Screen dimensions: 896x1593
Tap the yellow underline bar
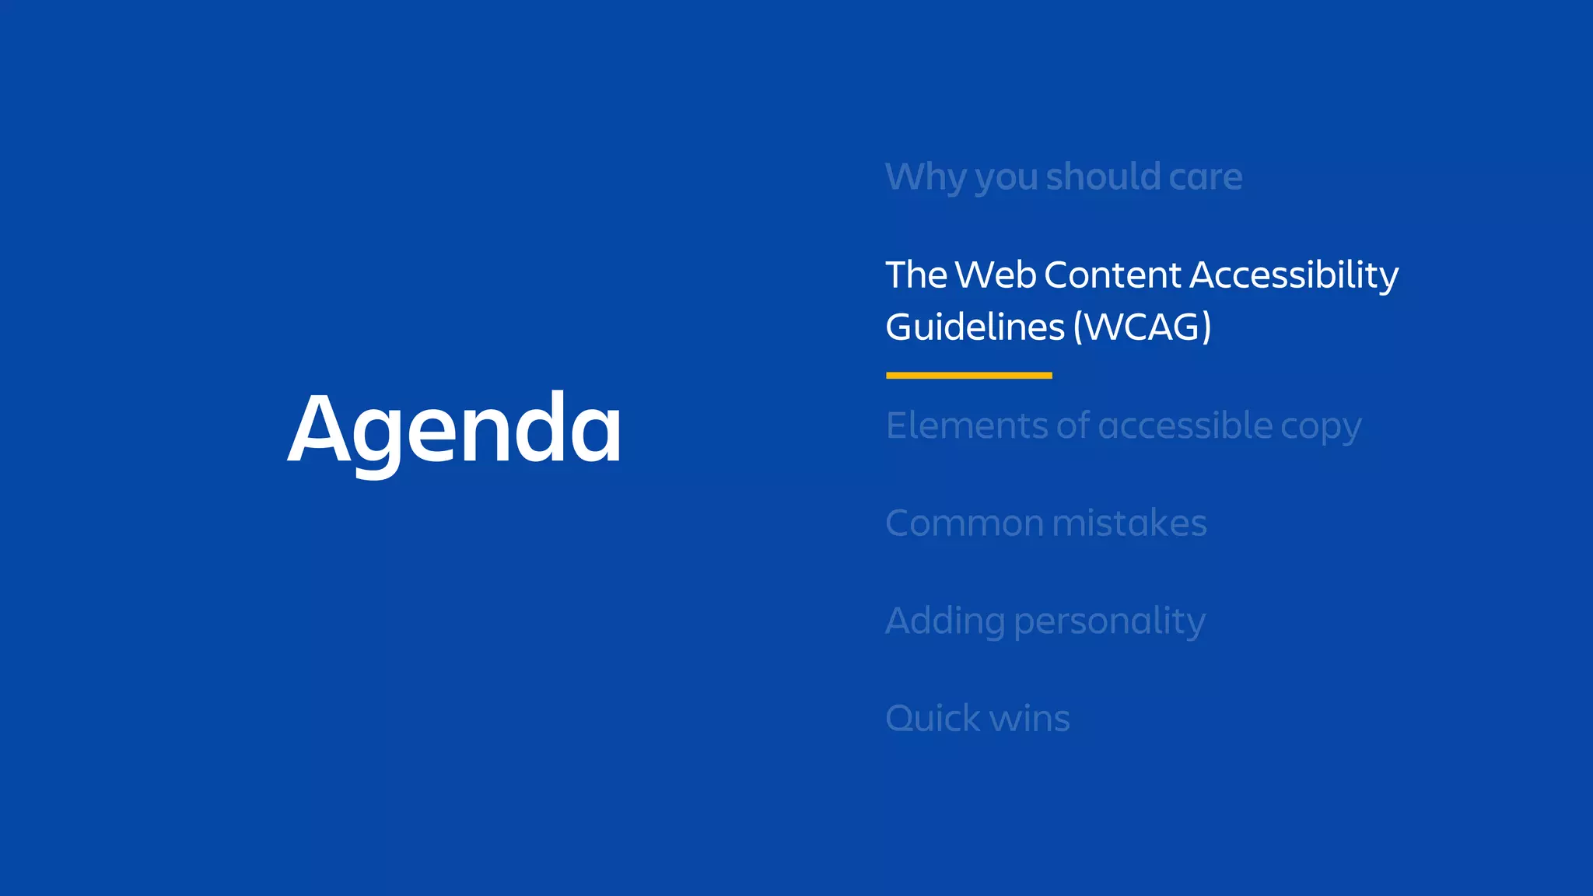pos(968,376)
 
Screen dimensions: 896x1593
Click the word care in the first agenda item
pos(1205,177)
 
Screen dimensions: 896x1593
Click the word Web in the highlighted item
pos(996,275)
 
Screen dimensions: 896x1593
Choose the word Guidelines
pos(975,327)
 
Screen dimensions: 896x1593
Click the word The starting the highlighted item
pos(916,275)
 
